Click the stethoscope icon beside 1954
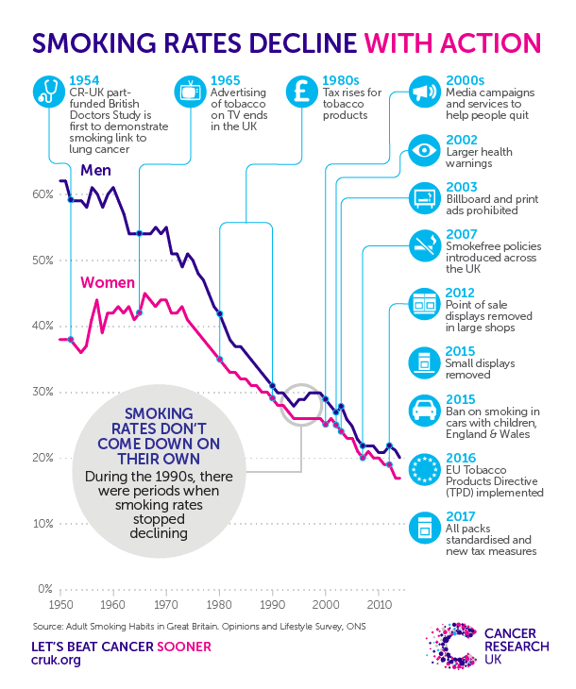pyautogui.click(x=49, y=92)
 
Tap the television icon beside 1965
pyautogui.click(x=191, y=92)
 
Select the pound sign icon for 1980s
pyautogui.click(x=302, y=92)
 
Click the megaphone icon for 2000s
pyautogui.click(x=424, y=92)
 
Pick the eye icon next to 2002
pyautogui.click(x=424, y=150)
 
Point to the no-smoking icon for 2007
pyautogui.click(x=424, y=245)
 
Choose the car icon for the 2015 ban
pyautogui.click(x=424, y=411)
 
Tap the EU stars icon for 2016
pyautogui.click(x=424, y=469)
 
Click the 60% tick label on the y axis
pyautogui.click(x=42, y=194)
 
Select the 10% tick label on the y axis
pyautogui.click(x=43, y=523)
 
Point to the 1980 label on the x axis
pyautogui.click(x=219, y=605)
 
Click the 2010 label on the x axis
pyautogui.click(x=379, y=605)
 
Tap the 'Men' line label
pyautogui.click(x=96, y=170)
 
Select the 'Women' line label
pyautogui.click(x=108, y=282)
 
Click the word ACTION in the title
pyautogui.click(x=491, y=43)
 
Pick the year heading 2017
pyautogui.click(x=461, y=516)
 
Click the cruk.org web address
pyautogui.click(x=56, y=660)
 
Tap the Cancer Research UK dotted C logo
pyautogui.click(x=451, y=646)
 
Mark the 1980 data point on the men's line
pyautogui.click(x=220, y=313)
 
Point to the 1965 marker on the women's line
pyautogui.click(x=140, y=312)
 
